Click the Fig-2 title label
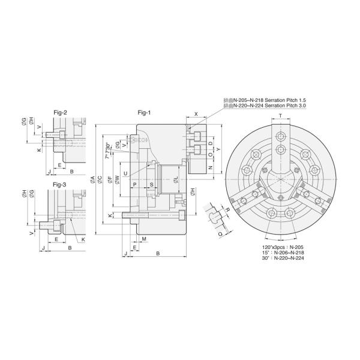point(61,112)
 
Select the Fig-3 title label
point(61,184)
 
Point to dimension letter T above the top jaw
point(280,116)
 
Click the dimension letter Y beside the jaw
point(218,148)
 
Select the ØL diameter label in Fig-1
point(175,179)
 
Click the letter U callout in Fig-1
point(125,174)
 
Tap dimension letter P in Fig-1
point(134,185)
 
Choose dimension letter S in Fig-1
point(151,185)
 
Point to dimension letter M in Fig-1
point(144,239)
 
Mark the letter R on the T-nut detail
point(227,211)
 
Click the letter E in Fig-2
point(61,164)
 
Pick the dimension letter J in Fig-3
point(44,247)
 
